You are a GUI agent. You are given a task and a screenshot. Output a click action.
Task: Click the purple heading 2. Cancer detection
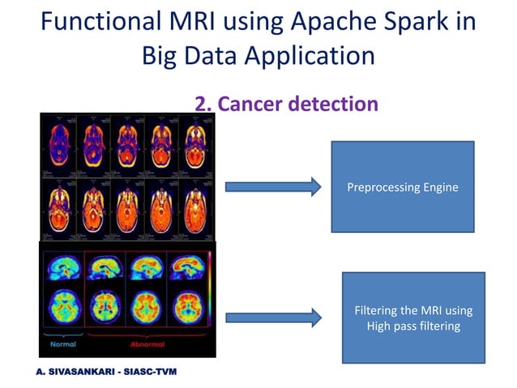pyautogui.click(x=286, y=104)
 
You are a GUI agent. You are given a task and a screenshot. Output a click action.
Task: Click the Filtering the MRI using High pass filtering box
pyautogui.click(x=413, y=317)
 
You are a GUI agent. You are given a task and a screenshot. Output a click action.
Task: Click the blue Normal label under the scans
pyautogui.click(x=63, y=343)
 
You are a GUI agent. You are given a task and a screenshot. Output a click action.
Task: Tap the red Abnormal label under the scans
pyautogui.click(x=147, y=343)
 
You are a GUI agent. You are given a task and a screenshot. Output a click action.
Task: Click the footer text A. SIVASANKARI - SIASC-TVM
pyautogui.click(x=105, y=372)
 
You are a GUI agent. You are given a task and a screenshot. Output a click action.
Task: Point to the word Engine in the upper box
pyautogui.click(x=438, y=188)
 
